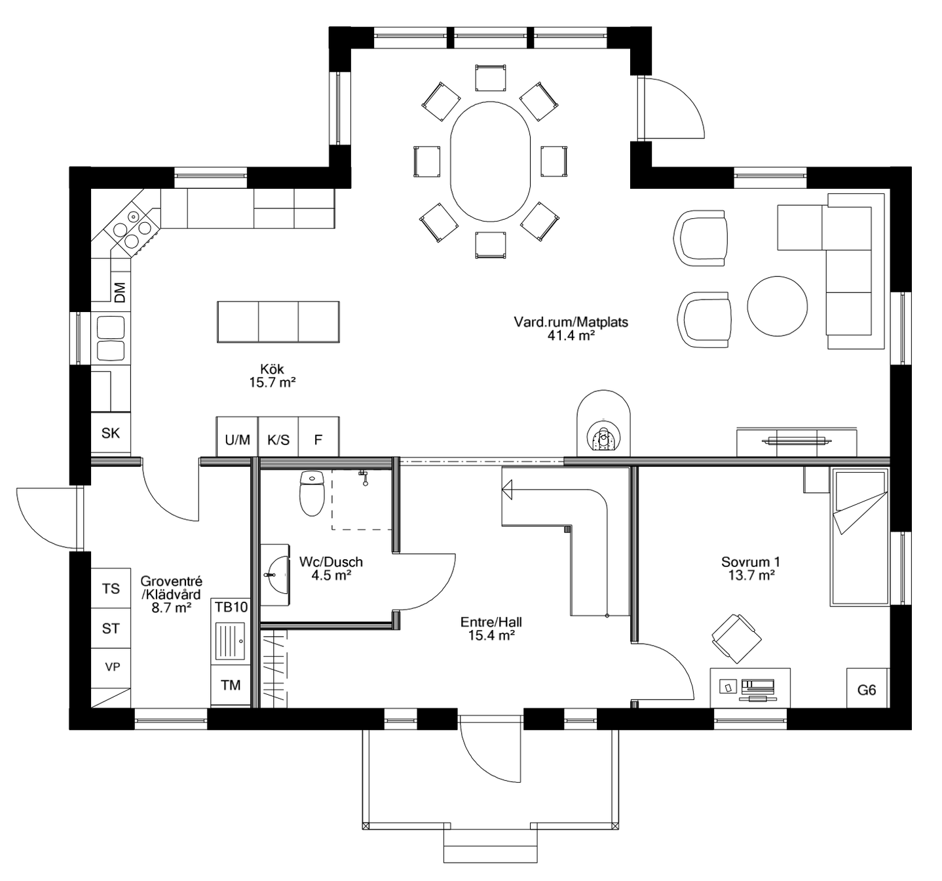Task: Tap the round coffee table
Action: tap(778, 305)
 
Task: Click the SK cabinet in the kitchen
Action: tap(111, 433)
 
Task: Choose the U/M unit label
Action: tap(237, 439)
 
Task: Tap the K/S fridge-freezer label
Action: tap(278, 439)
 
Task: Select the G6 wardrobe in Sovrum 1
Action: tap(867, 690)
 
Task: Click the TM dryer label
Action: tap(231, 685)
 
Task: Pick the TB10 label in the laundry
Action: tap(231, 607)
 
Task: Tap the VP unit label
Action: tap(113, 667)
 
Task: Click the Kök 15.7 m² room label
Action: tap(272, 376)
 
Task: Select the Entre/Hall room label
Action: tap(491, 628)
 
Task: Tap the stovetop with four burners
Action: tap(131, 229)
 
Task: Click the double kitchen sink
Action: tap(110, 338)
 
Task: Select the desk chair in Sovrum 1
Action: tap(736, 636)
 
